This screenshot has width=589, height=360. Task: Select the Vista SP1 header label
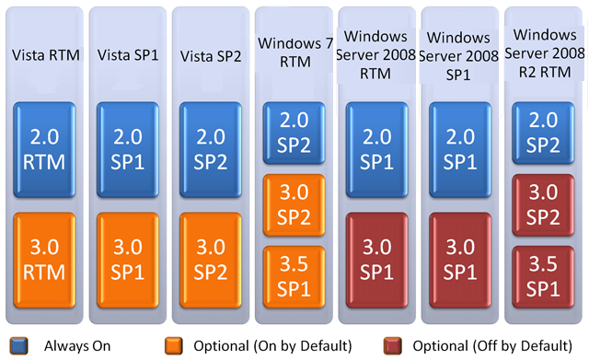(x=130, y=53)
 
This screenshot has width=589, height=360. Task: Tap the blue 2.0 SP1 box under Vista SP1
(x=130, y=145)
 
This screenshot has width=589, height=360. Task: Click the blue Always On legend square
(x=16, y=345)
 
